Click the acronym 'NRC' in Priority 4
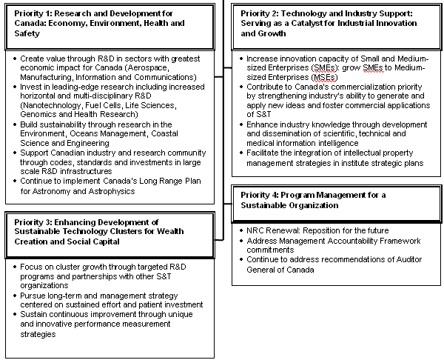[x=256, y=231]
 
